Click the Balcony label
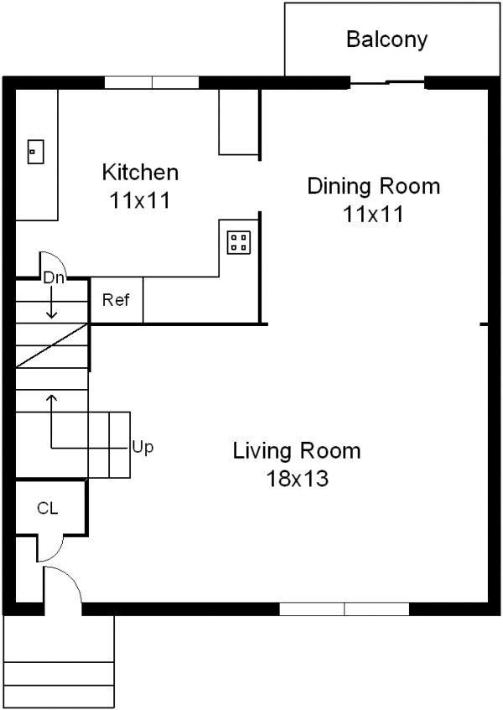(x=386, y=39)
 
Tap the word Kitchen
(x=140, y=173)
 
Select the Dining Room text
(x=373, y=185)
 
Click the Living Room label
(x=297, y=451)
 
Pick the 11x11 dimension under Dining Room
(x=373, y=214)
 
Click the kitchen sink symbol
(x=35, y=152)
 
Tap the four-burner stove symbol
(x=238, y=242)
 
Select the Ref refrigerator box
(x=116, y=300)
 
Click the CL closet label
(x=47, y=508)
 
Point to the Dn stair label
(x=54, y=277)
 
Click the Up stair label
(x=143, y=447)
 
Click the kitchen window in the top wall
(x=152, y=82)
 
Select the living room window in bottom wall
(x=344, y=609)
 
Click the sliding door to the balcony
(x=387, y=82)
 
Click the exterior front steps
(x=59, y=662)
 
